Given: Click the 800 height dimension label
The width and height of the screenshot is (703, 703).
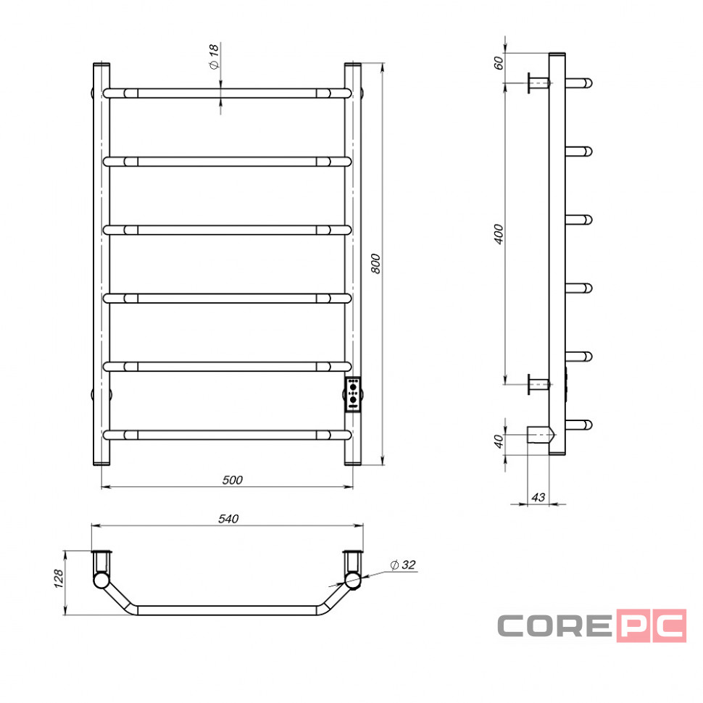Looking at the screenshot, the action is [375, 264].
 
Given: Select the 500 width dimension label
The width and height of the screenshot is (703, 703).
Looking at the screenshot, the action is [232, 481].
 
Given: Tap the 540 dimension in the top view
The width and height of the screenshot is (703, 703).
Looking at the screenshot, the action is [228, 519].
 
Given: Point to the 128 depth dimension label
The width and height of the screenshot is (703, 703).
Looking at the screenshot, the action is [58, 579].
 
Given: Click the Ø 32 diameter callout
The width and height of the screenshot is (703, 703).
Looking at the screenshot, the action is [403, 565].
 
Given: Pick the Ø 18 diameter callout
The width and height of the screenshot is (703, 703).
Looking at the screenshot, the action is [214, 57].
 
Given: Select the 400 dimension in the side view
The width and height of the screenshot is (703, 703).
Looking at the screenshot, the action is [498, 234].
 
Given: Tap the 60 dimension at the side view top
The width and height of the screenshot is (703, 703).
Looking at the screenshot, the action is [498, 63].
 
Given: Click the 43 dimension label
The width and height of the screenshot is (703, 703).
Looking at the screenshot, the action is [538, 497].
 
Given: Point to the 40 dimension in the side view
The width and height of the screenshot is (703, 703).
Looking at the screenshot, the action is [498, 441].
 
